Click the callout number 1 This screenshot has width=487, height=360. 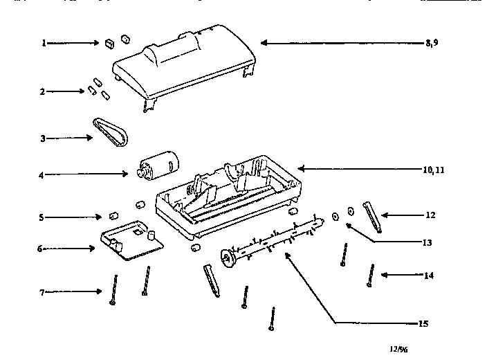[44, 43]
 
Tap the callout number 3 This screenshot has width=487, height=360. [44, 138]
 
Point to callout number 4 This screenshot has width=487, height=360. [42, 175]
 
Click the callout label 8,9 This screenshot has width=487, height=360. [432, 43]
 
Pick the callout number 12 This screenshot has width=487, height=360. [430, 215]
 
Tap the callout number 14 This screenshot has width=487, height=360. [429, 276]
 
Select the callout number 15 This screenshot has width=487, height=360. [423, 323]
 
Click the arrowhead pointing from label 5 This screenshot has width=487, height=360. [98, 217]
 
